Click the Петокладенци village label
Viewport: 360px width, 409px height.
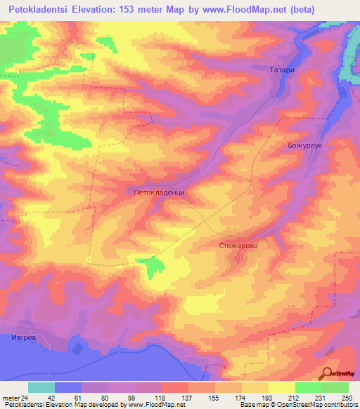(159, 191)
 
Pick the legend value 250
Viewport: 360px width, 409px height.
(346, 398)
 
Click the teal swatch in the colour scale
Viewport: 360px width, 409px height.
(41, 387)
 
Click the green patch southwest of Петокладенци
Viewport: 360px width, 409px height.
(151, 266)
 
